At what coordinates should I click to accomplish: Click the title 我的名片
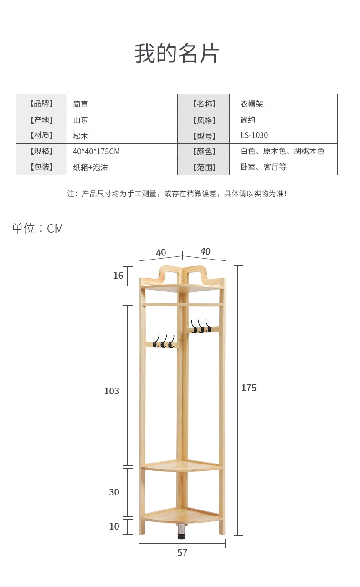click(x=177, y=54)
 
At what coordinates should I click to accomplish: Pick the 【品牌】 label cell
click(x=41, y=103)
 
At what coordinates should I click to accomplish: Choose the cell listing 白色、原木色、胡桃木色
click(x=283, y=151)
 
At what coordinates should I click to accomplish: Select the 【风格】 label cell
click(x=203, y=120)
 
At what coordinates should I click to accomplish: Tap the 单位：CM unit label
click(x=37, y=229)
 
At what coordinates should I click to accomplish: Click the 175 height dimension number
click(x=249, y=388)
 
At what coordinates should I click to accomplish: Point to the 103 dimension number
click(x=112, y=391)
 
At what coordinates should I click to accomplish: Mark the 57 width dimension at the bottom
click(x=182, y=553)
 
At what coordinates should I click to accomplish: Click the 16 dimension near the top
click(x=118, y=276)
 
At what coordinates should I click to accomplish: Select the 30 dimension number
click(x=114, y=492)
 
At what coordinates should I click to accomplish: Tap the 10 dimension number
click(x=114, y=526)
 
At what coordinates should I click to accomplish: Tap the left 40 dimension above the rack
click(x=161, y=253)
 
